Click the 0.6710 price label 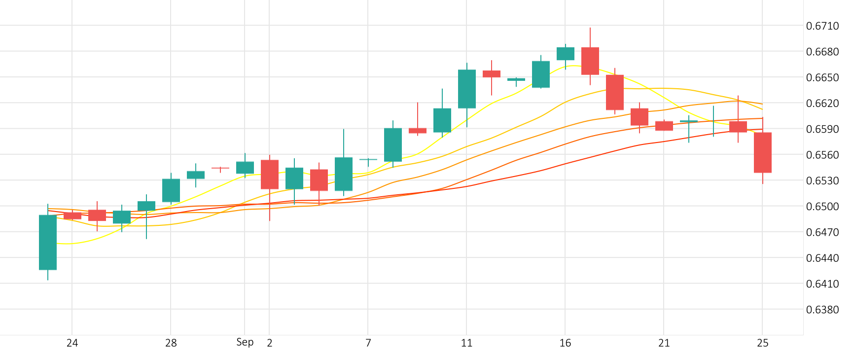822,26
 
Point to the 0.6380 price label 822,310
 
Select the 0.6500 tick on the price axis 822,207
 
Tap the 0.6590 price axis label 822,129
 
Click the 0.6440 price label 822,258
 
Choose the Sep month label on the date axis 245,342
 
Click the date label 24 72,343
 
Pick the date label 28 171,343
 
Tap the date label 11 466,343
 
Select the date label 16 565,343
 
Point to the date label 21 664,343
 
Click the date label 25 762,343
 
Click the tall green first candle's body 48,242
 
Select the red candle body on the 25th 763,152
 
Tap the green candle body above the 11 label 467,89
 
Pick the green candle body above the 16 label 566,54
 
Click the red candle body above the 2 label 270,174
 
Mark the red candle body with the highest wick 590,61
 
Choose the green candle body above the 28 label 171,190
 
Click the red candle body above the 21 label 664,126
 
